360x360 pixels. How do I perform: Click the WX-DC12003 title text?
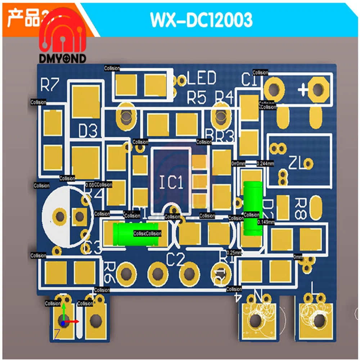[x=201, y=21]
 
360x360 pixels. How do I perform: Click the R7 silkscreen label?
[x=50, y=85]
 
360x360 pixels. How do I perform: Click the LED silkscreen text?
[x=202, y=78]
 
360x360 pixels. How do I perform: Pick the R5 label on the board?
[x=197, y=97]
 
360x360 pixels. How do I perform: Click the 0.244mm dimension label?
[x=265, y=163]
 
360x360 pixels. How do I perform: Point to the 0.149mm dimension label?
[x=266, y=222]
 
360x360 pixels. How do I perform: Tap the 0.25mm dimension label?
[x=234, y=253]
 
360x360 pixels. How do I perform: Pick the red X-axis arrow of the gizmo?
[x=73, y=321]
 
